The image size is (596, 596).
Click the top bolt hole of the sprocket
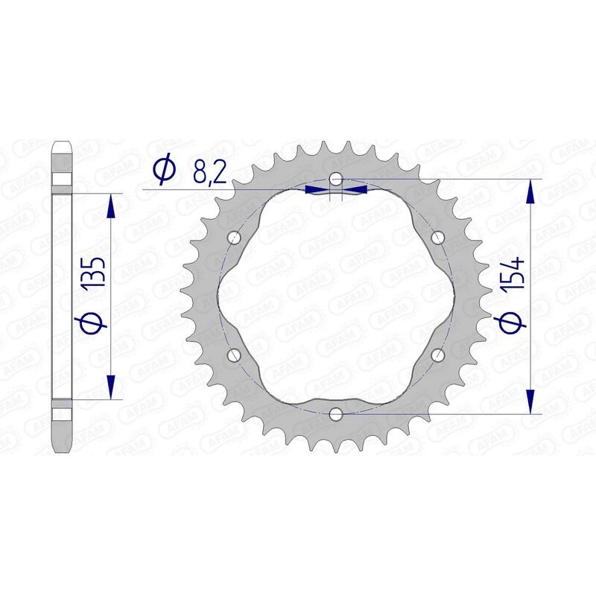(336, 179)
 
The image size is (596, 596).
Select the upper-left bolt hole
(235, 238)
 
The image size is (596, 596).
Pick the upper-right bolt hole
(437, 238)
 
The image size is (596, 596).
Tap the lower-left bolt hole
(235, 355)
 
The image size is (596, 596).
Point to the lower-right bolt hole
(437, 355)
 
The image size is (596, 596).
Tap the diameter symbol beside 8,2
(163, 171)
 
